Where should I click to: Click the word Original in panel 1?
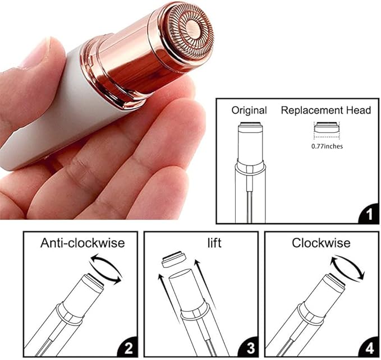[x=249, y=110]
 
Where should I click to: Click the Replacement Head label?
[x=326, y=110]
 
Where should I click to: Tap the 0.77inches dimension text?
[x=328, y=146]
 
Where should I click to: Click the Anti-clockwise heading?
[x=82, y=243]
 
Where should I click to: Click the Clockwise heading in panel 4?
[x=321, y=243]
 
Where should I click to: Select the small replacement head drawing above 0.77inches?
[x=327, y=130]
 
